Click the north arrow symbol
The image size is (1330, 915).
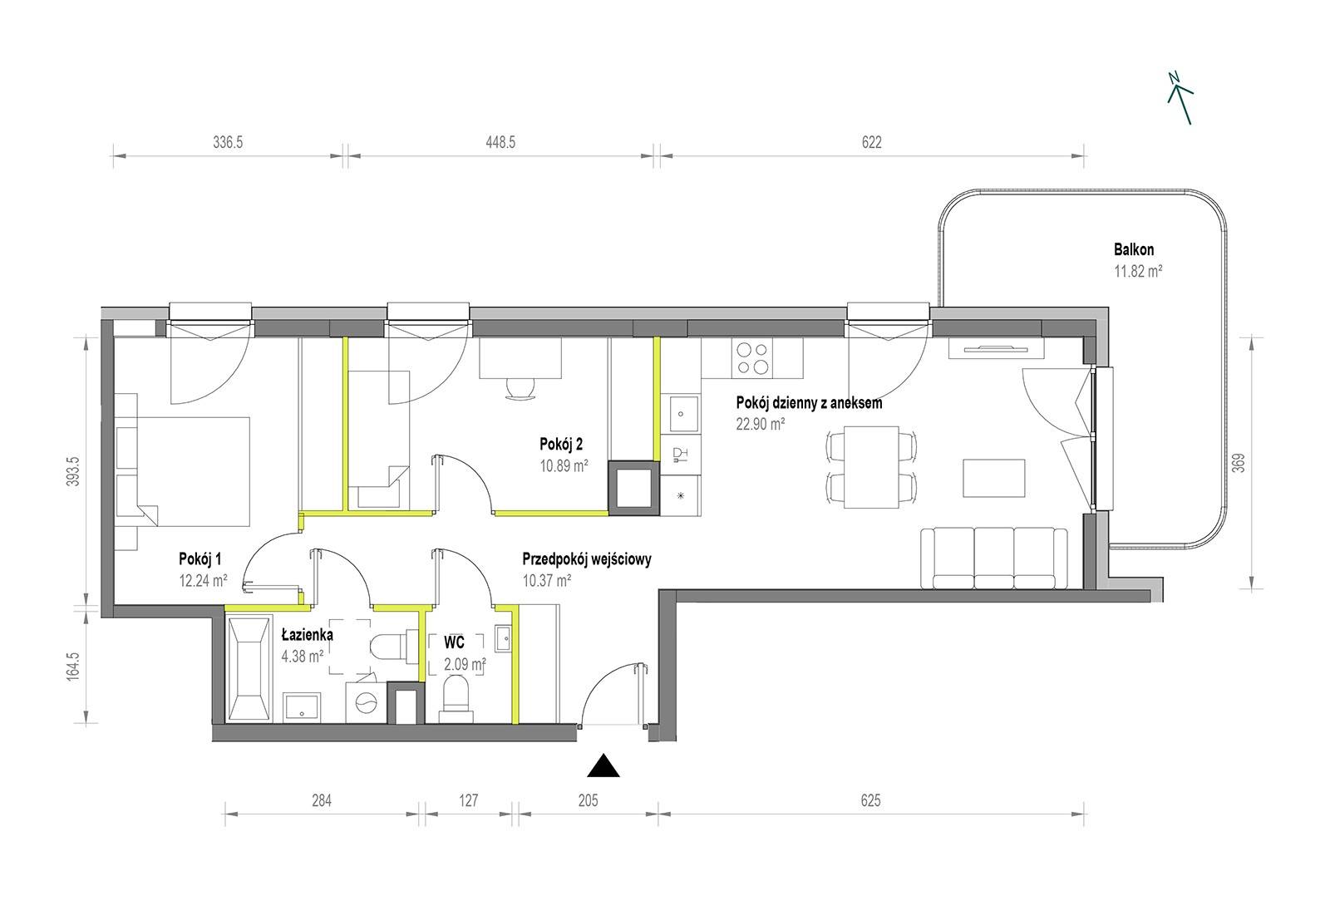point(1180,99)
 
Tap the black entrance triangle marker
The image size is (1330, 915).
point(603,766)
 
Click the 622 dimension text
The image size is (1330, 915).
point(872,142)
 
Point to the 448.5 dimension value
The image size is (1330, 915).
point(500,142)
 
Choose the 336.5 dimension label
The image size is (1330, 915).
point(228,142)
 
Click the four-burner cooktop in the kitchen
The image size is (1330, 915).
point(753,358)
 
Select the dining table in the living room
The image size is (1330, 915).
point(871,467)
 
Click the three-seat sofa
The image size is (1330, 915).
point(994,558)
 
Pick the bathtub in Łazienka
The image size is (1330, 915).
point(249,670)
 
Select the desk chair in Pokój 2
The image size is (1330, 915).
point(520,390)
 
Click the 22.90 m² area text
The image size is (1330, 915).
point(761,424)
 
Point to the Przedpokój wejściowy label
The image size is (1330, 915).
point(587,558)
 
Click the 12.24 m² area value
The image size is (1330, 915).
point(203,580)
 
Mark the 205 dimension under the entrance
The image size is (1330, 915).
point(588,800)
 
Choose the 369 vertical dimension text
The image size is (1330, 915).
point(1238,464)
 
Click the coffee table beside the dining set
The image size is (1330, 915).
point(994,477)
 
